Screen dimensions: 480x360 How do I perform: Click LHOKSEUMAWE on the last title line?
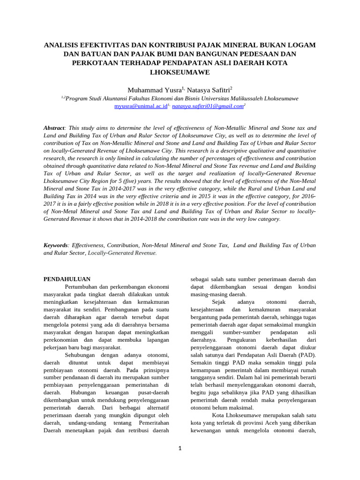tap(180, 73)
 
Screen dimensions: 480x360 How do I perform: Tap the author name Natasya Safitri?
tap(208, 90)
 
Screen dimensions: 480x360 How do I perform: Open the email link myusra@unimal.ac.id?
tap(141, 107)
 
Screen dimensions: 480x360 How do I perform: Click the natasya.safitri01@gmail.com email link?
tap(208, 107)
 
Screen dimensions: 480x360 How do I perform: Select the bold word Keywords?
tap(56, 245)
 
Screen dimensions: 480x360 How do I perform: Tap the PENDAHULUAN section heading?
tap(67, 279)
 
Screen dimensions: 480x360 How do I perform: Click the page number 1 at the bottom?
tap(180, 448)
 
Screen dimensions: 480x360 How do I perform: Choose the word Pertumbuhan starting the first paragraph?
tap(82, 287)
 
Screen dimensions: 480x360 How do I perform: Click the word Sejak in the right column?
tap(219, 302)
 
